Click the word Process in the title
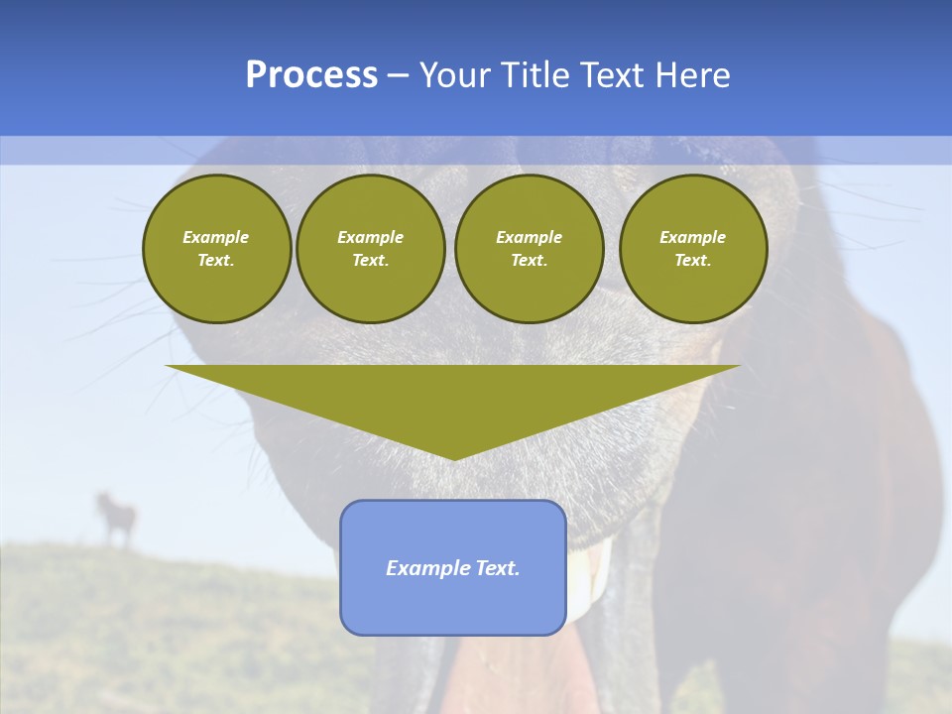[x=311, y=75]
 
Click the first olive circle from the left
[x=217, y=249]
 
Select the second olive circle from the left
[x=371, y=249]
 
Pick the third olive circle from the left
[x=530, y=249]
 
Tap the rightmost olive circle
[x=693, y=249]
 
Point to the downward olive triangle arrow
[x=453, y=397]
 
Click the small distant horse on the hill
[x=117, y=518]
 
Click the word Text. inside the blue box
[x=499, y=568]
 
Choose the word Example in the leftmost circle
[x=216, y=237]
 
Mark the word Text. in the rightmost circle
[x=693, y=261]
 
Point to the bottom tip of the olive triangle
[x=454, y=458]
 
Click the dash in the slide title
[x=399, y=75]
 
